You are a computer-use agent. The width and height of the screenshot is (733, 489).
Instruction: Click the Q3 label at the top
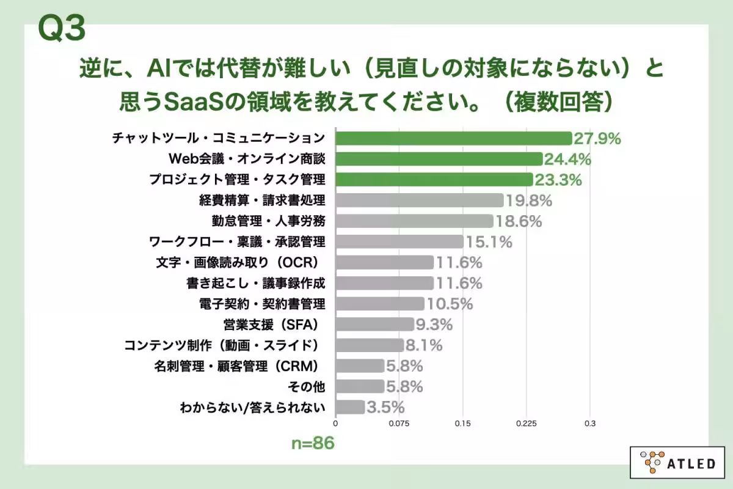click(x=61, y=29)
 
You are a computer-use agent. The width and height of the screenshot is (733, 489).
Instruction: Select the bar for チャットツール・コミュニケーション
click(x=454, y=138)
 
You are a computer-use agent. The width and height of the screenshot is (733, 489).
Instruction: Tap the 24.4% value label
click(x=567, y=160)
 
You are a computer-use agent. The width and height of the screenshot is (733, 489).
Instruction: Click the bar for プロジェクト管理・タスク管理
click(x=434, y=180)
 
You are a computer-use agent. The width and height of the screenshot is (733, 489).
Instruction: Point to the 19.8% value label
click(x=528, y=200)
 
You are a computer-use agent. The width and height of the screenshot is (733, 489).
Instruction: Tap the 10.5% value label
click(x=449, y=304)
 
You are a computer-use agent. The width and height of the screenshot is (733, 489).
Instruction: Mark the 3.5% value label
click(x=385, y=408)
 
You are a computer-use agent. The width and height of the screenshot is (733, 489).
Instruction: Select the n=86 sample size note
click(x=312, y=443)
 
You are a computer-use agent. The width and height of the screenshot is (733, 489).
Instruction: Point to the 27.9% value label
click(x=597, y=139)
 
